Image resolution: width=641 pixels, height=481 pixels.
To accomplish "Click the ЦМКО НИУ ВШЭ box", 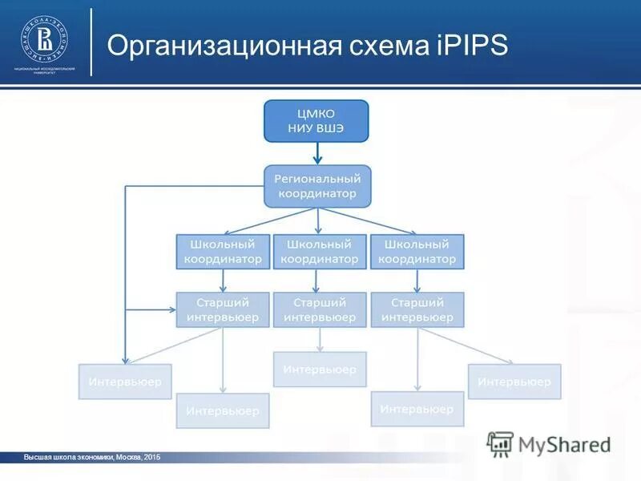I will (316, 120).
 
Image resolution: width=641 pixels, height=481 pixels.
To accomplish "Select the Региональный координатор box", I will (318, 185).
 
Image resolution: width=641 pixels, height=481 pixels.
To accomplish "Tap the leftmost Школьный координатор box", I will (223, 251).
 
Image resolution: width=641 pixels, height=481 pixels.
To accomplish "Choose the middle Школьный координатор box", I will (319, 251).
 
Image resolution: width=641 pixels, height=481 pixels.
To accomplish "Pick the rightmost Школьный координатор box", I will (417, 251).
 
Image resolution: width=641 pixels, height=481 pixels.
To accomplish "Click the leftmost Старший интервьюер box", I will (223, 309).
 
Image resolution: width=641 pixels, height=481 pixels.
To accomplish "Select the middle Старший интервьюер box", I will (319, 309).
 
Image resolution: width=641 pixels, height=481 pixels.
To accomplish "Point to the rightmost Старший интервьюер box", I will (417, 309).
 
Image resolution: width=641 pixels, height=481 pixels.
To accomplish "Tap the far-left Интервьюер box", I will (124, 382).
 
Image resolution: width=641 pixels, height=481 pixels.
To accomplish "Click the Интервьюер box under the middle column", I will (319, 369).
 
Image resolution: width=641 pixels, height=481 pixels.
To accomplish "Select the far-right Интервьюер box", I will (514, 382).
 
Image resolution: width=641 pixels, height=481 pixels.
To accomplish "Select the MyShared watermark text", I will (564, 444).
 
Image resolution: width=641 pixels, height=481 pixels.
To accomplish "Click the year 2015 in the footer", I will (152, 457).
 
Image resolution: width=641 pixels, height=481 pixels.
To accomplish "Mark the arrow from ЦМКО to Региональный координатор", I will (318, 151).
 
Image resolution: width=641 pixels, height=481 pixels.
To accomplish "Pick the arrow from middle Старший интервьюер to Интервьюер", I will (319, 339).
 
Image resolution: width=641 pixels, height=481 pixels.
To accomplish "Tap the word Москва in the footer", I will (128, 457).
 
